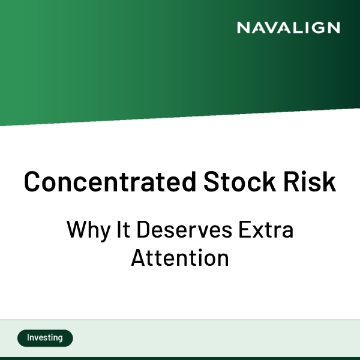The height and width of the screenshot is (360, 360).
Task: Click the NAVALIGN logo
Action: pyautogui.click(x=288, y=28)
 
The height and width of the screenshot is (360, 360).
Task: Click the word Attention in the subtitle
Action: pyautogui.click(x=180, y=258)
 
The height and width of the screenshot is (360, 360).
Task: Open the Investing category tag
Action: pyautogui.click(x=45, y=338)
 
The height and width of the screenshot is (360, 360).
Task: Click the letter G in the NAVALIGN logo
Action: pyautogui.click(x=316, y=28)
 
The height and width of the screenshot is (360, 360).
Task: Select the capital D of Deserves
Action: pyautogui.click(x=143, y=230)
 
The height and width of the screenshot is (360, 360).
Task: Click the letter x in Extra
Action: pyautogui.click(x=256, y=231)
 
